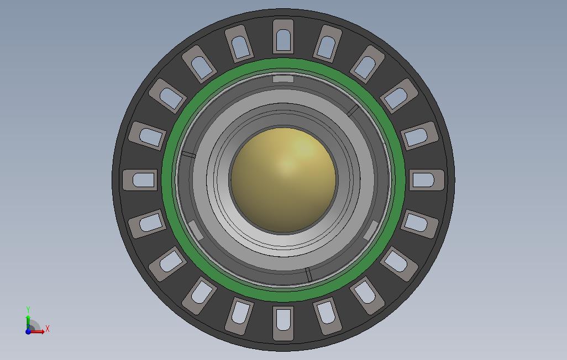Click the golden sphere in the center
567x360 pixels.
tap(283, 180)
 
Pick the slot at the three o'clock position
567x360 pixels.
tap(426, 180)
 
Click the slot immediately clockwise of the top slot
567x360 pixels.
tap(327, 44)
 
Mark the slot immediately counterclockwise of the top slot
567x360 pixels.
tap(239, 44)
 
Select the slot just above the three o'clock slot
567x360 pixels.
tap(419, 136)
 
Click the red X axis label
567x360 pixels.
tap(48, 329)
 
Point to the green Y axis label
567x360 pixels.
tap(28, 310)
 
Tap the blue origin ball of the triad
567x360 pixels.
tap(28, 331)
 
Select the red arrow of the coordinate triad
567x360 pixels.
tap(39, 331)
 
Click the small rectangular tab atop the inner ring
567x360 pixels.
tap(283, 79)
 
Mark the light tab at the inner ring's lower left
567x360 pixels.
tap(196, 230)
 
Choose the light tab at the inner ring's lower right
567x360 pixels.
tap(370, 230)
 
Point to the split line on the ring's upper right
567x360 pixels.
tap(353, 110)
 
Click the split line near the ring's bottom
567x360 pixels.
tap(308, 274)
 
